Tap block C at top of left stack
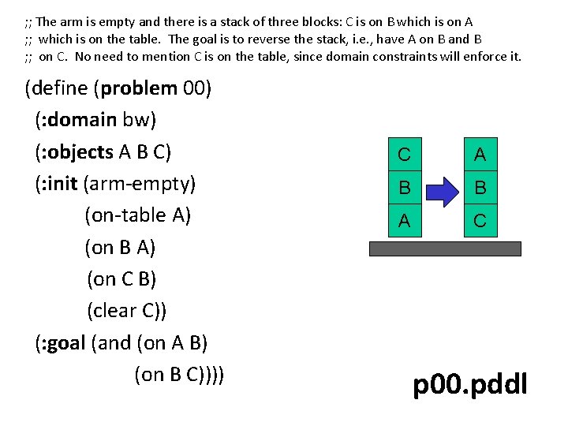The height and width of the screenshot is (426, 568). coord(404,155)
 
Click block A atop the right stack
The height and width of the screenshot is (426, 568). coord(480,155)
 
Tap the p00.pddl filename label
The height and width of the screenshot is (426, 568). coord(470,385)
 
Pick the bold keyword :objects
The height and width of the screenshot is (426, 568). coord(80,151)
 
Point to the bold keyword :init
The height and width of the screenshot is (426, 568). coord(59,183)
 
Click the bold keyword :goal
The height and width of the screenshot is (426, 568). coord(64,342)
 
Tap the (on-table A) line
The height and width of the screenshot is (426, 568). coord(137,215)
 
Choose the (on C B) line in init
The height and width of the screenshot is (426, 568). coord(121,279)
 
